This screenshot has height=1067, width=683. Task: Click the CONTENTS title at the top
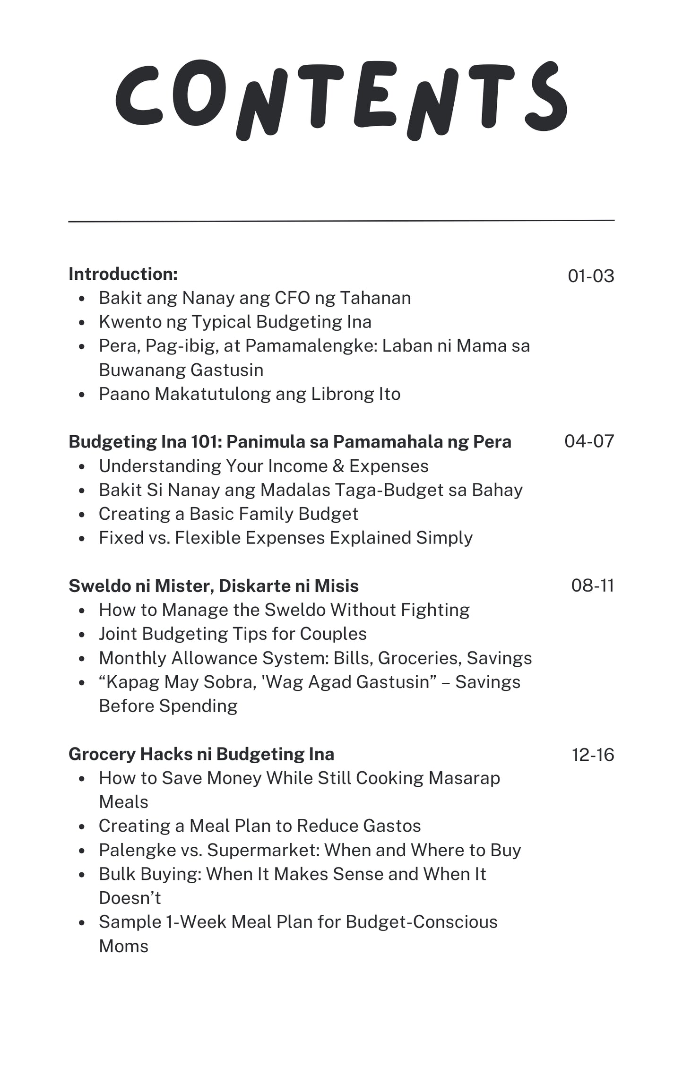pos(341,99)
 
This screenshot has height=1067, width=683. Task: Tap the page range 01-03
pos(591,276)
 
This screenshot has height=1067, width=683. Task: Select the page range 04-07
pos(589,441)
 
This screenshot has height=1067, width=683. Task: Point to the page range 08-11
pos(592,585)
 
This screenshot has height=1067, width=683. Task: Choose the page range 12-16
pos(593,755)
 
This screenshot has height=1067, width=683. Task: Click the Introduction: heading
pos(123,274)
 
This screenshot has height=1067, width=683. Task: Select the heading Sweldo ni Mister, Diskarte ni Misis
pos(214,586)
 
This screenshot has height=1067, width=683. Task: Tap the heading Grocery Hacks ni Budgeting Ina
pos(201,754)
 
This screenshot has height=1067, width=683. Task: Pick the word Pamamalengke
pos(311,346)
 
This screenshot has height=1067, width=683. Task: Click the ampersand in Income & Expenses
pos(338,466)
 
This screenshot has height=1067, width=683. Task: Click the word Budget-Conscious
pos(422,922)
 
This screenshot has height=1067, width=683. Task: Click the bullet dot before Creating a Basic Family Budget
pos(82,515)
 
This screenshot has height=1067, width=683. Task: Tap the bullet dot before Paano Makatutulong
pos(82,395)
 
